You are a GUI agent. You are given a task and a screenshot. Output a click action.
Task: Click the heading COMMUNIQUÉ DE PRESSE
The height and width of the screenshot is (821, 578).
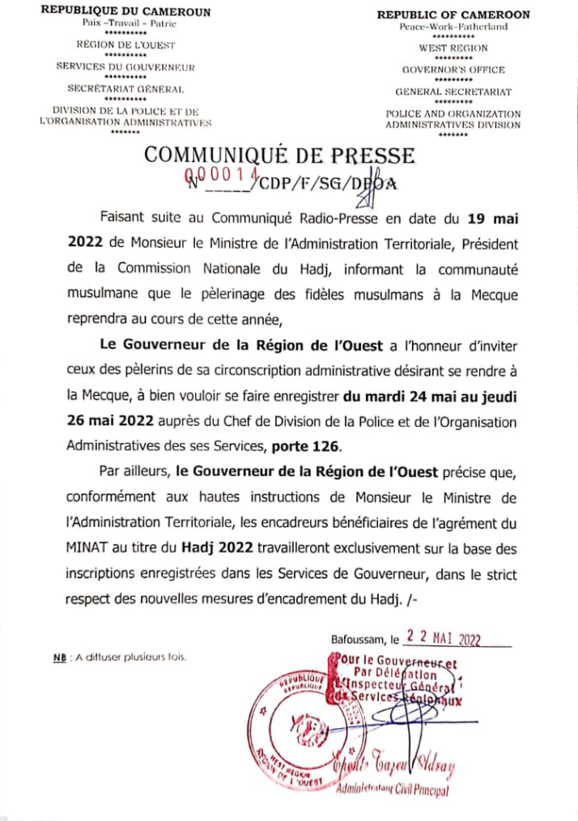278,155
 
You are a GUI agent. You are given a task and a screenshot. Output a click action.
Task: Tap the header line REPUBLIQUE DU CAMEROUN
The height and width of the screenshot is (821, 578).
125,12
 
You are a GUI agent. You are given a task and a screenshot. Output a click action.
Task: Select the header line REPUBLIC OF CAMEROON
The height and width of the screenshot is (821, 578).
453,15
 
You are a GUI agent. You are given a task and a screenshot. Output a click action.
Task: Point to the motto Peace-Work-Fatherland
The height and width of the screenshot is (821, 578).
453,27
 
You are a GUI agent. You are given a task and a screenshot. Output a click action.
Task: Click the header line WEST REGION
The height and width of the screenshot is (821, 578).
453,49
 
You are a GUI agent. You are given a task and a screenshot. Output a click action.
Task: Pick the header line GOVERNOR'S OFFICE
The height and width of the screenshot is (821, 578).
453,70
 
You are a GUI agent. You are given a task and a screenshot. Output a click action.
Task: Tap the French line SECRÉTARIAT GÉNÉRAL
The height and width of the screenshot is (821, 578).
125,87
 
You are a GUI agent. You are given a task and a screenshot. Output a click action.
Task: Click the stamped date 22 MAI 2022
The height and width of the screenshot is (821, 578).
444,638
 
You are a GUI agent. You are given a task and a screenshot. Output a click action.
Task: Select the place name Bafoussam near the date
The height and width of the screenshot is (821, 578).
359,640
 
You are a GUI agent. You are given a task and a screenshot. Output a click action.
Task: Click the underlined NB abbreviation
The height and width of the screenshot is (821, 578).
58,657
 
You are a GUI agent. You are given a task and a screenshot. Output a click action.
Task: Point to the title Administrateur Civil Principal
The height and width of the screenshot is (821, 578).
392,791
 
